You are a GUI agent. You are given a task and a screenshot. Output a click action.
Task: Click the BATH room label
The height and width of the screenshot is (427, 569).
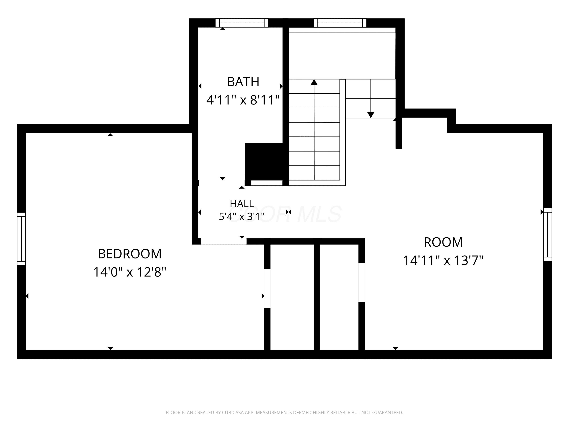[243, 82]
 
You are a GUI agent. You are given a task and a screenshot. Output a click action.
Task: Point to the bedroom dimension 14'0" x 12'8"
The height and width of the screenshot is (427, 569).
[130, 272]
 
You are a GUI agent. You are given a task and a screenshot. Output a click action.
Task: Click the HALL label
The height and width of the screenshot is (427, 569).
[242, 204]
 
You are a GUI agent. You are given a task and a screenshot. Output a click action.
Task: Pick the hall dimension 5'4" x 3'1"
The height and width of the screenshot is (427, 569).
[242, 217]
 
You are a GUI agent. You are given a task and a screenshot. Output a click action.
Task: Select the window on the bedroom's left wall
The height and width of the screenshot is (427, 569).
[21, 239]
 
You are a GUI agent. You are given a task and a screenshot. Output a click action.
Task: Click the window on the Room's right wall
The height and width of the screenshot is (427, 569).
[548, 235]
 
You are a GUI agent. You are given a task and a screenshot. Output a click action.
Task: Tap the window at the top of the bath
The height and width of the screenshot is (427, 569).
[242, 23]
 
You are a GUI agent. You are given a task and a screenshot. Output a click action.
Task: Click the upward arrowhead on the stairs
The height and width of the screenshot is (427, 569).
[314, 82]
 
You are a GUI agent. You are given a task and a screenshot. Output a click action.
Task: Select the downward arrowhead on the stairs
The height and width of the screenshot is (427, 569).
[371, 115]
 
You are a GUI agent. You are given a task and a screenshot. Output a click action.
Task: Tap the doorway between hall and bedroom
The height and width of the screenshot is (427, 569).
[224, 241]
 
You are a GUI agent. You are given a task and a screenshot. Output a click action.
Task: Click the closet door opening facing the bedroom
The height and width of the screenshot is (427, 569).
[267, 288]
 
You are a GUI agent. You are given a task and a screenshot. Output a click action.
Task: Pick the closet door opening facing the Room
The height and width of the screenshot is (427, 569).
[362, 282]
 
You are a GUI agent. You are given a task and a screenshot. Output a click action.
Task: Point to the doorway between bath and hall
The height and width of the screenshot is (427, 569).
[222, 183]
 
